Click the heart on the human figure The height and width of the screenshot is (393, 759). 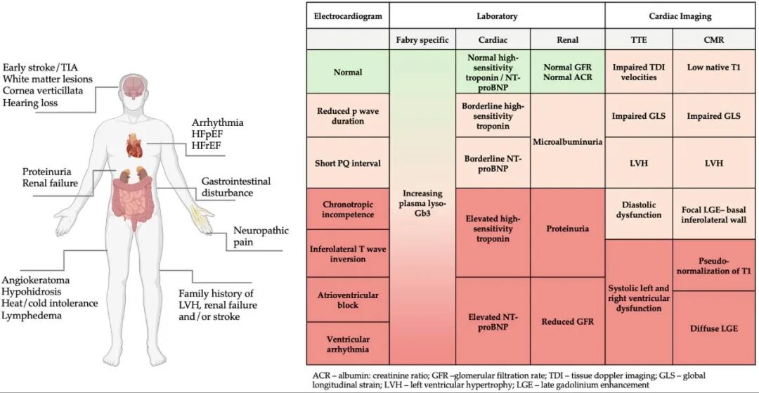point(134,145)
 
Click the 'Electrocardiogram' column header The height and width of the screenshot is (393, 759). point(348,16)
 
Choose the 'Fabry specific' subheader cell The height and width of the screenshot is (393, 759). point(422,40)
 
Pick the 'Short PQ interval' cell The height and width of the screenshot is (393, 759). point(348,163)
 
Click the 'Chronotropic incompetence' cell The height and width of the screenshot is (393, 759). point(348,209)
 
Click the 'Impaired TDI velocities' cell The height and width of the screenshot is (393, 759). point(639,72)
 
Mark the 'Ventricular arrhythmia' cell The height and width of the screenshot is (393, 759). point(348,344)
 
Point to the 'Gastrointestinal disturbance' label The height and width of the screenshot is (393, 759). point(235,187)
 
